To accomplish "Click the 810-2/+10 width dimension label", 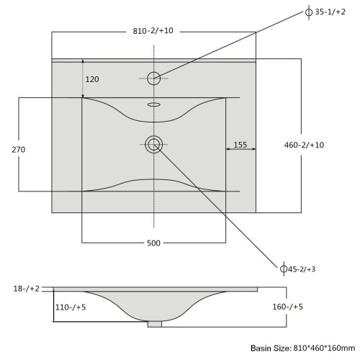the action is [153, 31].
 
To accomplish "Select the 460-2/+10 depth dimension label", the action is [304, 145].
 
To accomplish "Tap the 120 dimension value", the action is [92, 79].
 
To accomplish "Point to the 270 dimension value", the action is [19, 150].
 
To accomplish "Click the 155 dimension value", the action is [240, 145].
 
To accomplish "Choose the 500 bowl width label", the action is [153, 243].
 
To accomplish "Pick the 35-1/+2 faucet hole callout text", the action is [330, 12].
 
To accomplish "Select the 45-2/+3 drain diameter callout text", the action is [302, 269].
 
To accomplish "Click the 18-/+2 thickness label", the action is [27, 289].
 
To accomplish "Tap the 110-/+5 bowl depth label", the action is [71, 307].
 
